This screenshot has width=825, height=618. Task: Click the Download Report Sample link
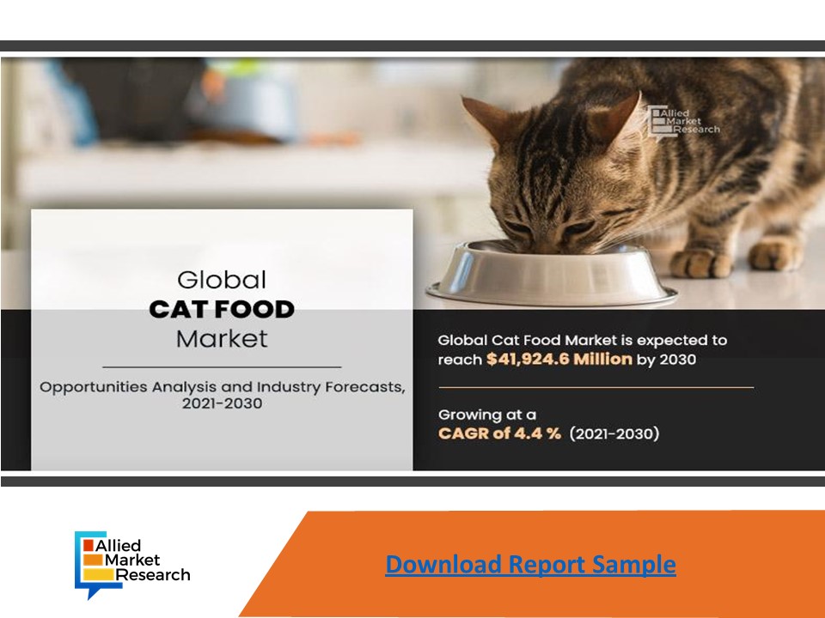tap(530, 565)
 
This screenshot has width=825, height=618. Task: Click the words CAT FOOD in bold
tap(222, 309)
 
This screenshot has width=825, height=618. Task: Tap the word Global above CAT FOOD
tap(222, 280)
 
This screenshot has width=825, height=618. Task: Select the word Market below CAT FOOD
tap(222, 338)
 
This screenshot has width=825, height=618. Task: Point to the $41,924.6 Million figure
tap(559, 360)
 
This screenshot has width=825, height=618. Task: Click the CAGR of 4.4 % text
tap(499, 433)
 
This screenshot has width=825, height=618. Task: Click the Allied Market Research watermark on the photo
tap(683, 120)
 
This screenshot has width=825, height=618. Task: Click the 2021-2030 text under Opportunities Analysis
tap(222, 403)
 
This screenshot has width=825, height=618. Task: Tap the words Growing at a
tap(486, 414)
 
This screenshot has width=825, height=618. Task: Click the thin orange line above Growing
tap(596, 387)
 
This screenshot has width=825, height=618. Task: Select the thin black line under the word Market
tap(222, 367)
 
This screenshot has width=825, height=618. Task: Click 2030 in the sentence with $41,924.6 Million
tap(677, 360)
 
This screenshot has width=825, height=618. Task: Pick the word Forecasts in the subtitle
tap(356, 387)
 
